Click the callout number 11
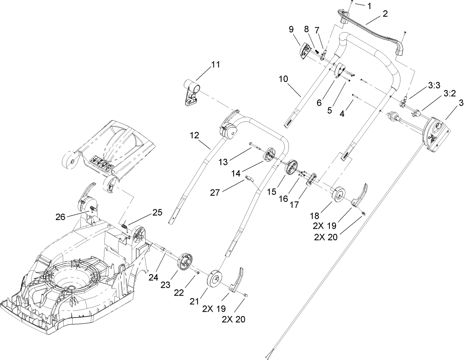click(215, 65)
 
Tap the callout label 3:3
click(434, 85)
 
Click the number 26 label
click(60, 216)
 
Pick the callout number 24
click(153, 277)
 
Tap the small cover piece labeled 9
click(305, 52)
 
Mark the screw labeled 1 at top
click(351, 2)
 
